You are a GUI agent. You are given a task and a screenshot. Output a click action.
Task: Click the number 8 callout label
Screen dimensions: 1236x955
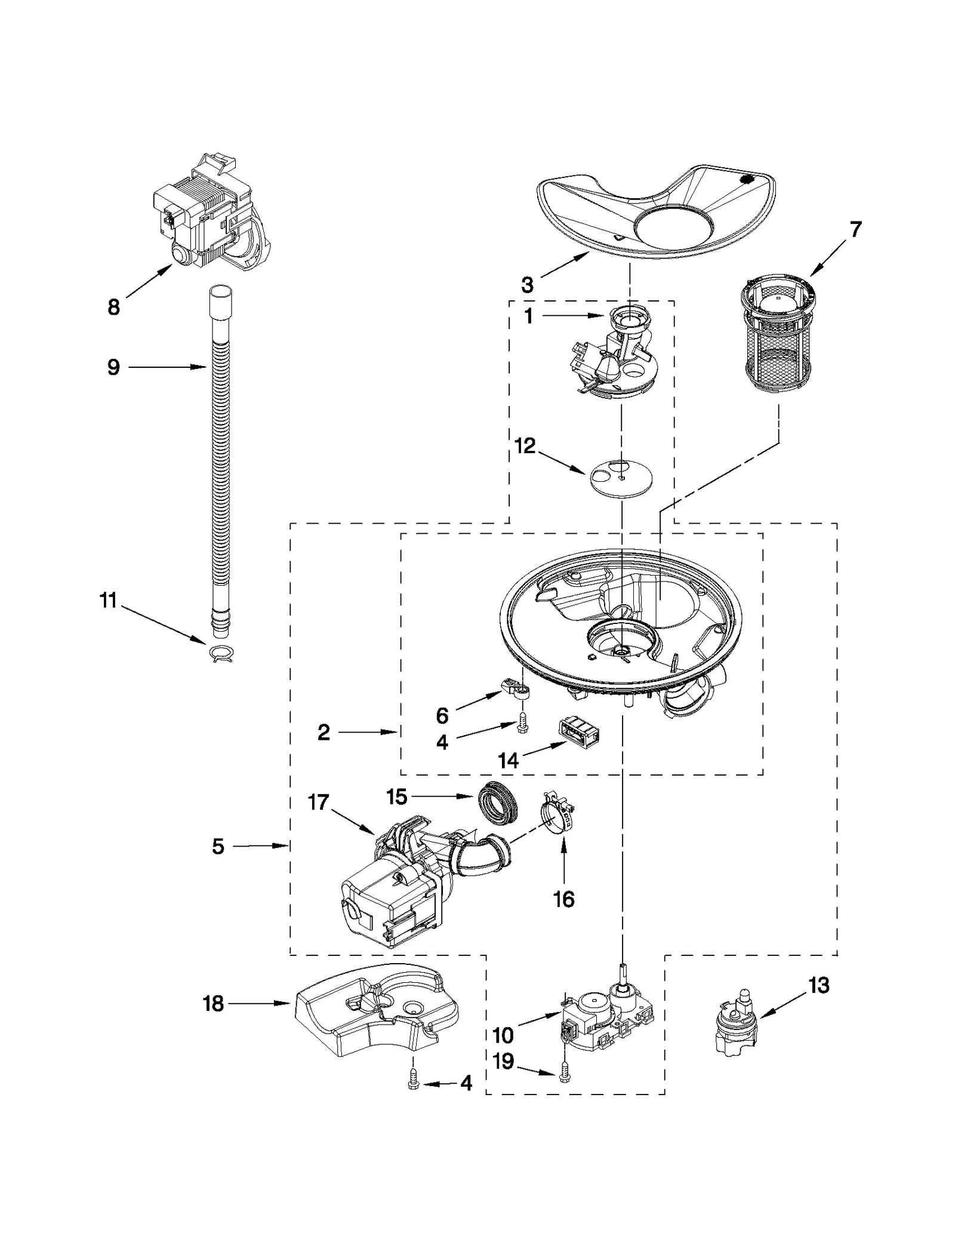(x=113, y=308)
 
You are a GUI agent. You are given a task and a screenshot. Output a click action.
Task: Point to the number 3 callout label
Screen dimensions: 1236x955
(x=527, y=285)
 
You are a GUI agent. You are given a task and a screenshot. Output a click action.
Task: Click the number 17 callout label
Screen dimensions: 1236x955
(x=318, y=802)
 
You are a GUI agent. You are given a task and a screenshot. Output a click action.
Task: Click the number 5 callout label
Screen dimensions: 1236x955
(x=218, y=846)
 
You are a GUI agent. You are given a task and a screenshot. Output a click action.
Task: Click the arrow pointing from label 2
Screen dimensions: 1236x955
(x=370, y=731)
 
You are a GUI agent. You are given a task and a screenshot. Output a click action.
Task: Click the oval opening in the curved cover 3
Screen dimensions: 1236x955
(x=673, y=227)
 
